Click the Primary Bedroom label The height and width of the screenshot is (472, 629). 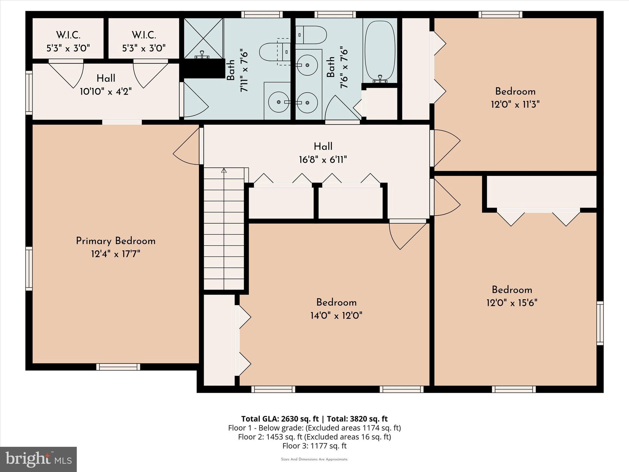[x=115, y=241]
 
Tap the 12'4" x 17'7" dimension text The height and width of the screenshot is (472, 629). [x=115, y=254]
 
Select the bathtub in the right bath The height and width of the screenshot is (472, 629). [x=380, y=51]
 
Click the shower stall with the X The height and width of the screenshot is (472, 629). [x=204, y=38]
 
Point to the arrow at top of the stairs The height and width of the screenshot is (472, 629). [x=224, y=170]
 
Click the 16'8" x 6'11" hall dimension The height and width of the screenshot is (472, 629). [x=323, y=160]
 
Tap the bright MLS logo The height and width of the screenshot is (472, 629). [x=38, y=459]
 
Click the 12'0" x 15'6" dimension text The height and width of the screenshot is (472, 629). [x=512, y=303]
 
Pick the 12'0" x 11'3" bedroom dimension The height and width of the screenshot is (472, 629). [x=515, y=105]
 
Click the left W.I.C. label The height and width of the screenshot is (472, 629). [x=68, y=35]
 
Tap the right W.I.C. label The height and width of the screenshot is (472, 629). [x=144, y=35]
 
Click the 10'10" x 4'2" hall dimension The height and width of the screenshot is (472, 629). [x=106, y=92]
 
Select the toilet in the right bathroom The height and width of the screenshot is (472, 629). [x=311, y=35]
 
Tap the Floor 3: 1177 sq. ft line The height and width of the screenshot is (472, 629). [x=314, y=446]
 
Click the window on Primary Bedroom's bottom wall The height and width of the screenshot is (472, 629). [x=118, y=367]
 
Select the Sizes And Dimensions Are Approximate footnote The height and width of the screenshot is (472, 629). [x=314, y=459]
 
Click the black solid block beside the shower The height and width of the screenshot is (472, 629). [x=203, y=69]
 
